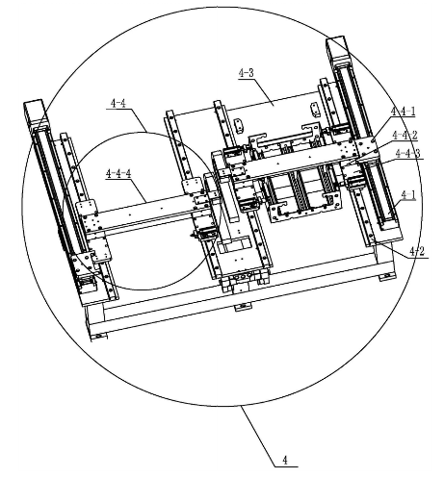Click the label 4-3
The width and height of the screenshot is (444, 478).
coord(247,73)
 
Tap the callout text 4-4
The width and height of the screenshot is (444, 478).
coord(118,103)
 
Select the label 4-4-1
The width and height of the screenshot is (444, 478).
coord(403,112)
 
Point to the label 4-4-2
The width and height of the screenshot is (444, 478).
coord(405,136)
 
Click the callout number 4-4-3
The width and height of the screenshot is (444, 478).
coord(407,153)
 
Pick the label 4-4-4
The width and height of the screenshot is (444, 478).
coord(118,173)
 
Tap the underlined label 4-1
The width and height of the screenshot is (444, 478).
coord(408,195)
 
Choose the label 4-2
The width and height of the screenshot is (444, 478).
coord(417,251)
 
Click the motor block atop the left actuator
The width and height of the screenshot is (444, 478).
coord(36,114)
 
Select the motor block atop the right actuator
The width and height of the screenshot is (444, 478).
coord(340,51)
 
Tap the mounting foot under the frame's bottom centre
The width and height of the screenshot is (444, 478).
coord(243,307)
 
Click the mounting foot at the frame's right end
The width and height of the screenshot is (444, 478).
coord(387,276)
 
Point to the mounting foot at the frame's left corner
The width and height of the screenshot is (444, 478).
coord(98,337)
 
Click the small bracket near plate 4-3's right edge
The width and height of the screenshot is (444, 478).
coord(315,110)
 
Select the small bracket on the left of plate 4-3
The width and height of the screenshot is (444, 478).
coord(238,125)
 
